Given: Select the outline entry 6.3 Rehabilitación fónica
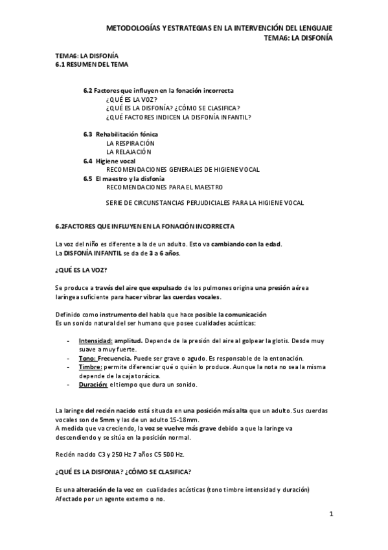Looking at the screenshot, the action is point(120,134).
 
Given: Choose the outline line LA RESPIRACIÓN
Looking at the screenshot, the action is point(130,143).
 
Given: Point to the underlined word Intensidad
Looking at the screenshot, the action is point(95,341).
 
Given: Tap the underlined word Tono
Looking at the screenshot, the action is point(88,358).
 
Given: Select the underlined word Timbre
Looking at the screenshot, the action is point(91,366).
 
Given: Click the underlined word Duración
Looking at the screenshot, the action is point(93,384).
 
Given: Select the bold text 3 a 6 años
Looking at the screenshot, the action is point(161,253).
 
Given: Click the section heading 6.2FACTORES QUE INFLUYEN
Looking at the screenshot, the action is point(145,226).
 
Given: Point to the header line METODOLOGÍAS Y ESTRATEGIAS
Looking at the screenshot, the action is point(220,29).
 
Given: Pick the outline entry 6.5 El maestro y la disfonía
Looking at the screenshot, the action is point(124,178).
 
